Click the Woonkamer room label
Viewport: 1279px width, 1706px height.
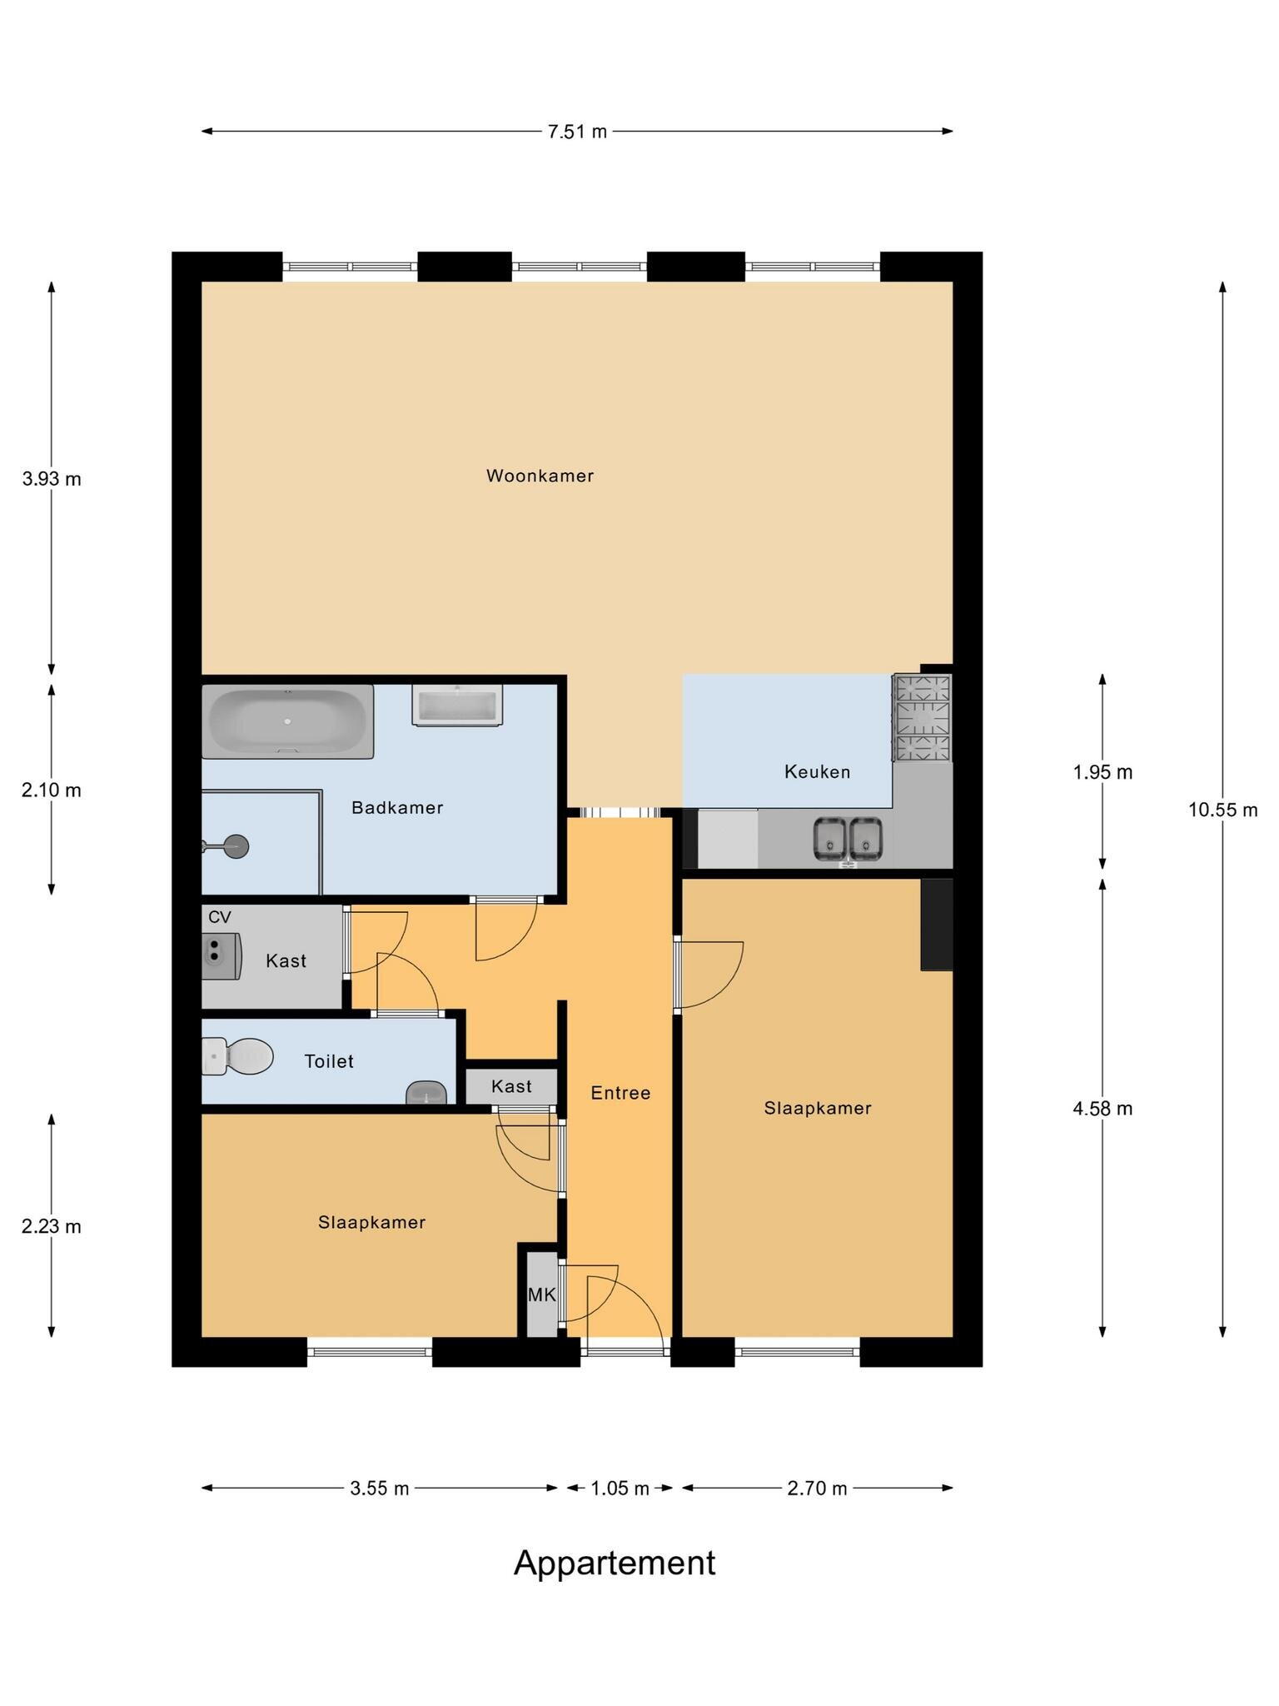(x=540, y=476)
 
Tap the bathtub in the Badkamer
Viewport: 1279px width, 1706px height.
(x=288, y=721)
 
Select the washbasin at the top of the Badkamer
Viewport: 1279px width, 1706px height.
(x=457, y=706)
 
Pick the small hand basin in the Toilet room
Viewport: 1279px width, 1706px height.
(x=426, y=1092)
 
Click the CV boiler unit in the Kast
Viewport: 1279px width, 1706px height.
(x=222, y=956)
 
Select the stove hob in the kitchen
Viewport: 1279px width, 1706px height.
(x=922, y=718)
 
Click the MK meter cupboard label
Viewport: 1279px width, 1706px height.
(x=541, y=1294)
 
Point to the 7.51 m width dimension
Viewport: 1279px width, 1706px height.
(x=577, y=131)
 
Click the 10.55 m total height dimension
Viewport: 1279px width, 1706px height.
(x=1222, y=810)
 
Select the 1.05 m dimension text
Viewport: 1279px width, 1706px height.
(x=620, y=1489)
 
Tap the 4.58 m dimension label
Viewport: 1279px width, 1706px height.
(x=1102, y=1109)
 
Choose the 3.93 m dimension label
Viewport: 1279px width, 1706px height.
(x=52, y=479)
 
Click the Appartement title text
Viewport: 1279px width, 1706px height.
(x=615, y=1564)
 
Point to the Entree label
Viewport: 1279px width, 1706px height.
(x=620, y=1093)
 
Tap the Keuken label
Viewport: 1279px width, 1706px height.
(x=817, y=772)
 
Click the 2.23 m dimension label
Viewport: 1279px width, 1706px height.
(x=52, y=1226)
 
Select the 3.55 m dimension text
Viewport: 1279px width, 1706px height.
(x=380, y=1489)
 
